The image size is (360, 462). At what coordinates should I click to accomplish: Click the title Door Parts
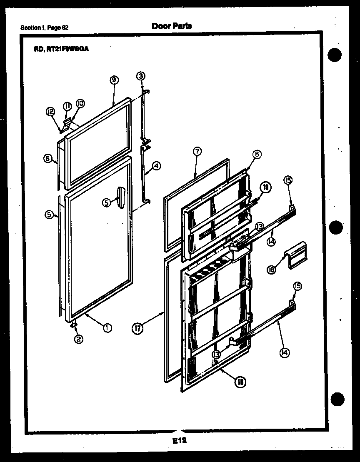coord(172,26)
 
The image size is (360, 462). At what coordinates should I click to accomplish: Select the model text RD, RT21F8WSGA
coord(61,48)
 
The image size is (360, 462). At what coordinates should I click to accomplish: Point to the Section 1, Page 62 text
coord(45,28)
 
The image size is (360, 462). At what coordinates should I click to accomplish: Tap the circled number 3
coord(141,75)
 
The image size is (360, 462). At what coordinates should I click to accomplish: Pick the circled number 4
coord(156,166)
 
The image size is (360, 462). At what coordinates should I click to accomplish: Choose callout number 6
coord(48,158)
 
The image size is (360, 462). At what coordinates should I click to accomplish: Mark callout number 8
coord(257,154)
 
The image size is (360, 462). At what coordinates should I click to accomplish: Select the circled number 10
coord(80,103)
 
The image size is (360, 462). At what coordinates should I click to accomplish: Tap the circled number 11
coord(67,105)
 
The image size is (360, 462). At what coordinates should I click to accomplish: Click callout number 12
coord(50,111)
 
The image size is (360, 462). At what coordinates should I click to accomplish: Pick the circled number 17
coord(137,329)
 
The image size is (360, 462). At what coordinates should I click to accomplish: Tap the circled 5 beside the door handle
coord(106,202)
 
